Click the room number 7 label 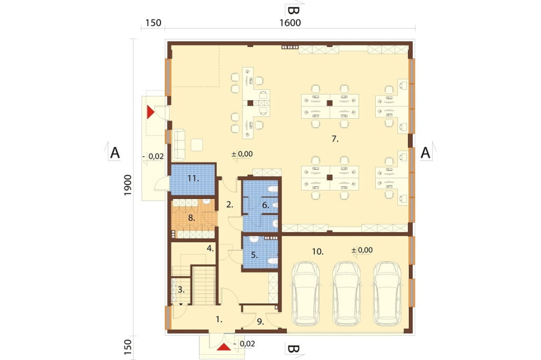pyautogui.click(x=334, y=139)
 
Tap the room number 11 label pyautogui.click(x=193, y=178)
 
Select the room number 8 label pyautogui.click(x=191, y=218)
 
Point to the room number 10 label pyautogui.click(x=318, y=252)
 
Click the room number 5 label pyautogui.click(x=254, y=255)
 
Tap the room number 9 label pyautogui.click(x=260, y=322)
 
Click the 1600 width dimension pyautogui.click(x=290, y=23)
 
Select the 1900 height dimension pyautogui.click(x=128, y=185)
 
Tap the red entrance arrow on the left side pyautogui.click(x=151, y=112)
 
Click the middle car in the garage pyautogui.click(x=347, y=294)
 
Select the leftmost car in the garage pyautogui.click(x=306, y=294)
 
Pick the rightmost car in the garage pyautogui.click(x=387, y=294)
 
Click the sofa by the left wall pyautogui.click(x=179, y=145)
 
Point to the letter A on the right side pyautogui.click(x=425, y=153)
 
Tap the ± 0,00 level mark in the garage pyautogui.click(x=362, y=250)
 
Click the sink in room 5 pyautogui.click(x=254, y=239)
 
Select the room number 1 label pyautogui.click(x=219, y=320)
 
